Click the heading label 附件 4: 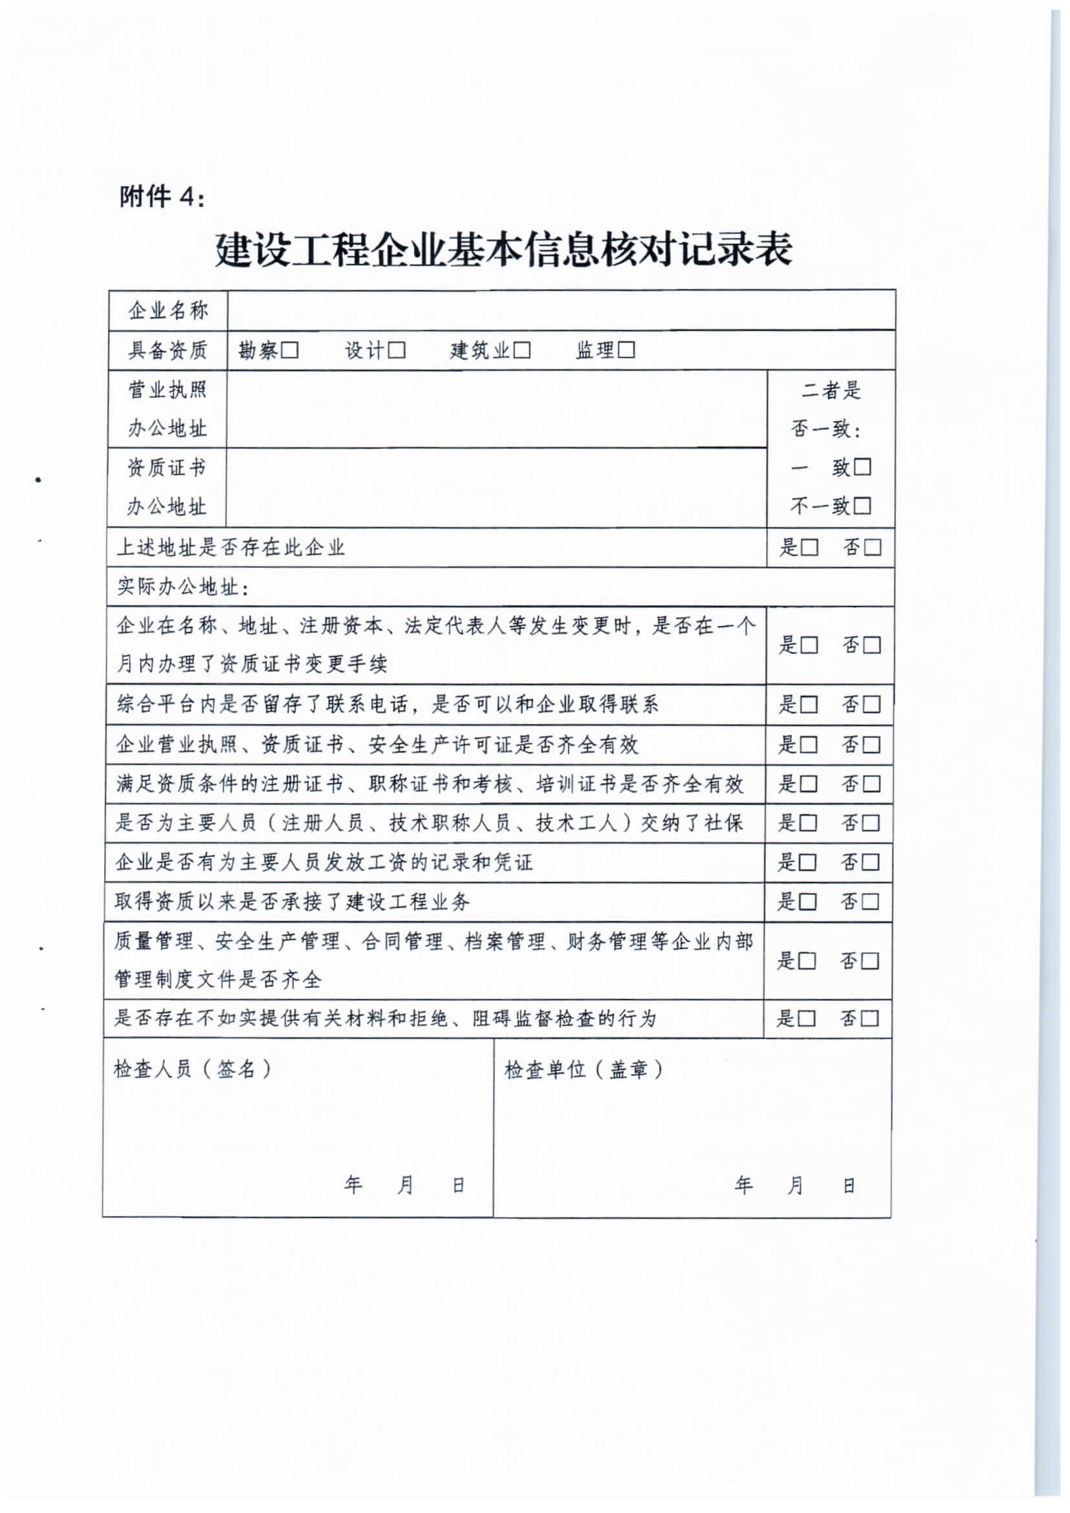[x=162, y=197]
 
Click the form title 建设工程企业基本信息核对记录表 [x=504, y=250]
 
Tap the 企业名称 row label [x=168, y=310]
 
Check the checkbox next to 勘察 [x=290, y=350]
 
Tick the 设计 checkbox [x=396, y=350]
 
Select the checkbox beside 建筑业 [x=521, y=350]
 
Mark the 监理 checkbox [x=626, y=350]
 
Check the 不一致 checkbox [x=862, y=506]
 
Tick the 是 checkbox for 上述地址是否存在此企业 [x=809, y=548]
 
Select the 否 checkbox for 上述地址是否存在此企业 [x=872, y=548]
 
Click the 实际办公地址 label [x=182, y=587]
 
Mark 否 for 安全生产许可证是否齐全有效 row [x=871, y=746]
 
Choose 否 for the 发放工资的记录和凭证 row [x=871, y=863]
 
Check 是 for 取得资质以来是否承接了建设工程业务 [x=807, y=902]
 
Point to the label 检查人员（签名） [x=193, y=1069]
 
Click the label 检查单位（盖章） [x=584, y=1069]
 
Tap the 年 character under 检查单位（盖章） [x=744, y=1185]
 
